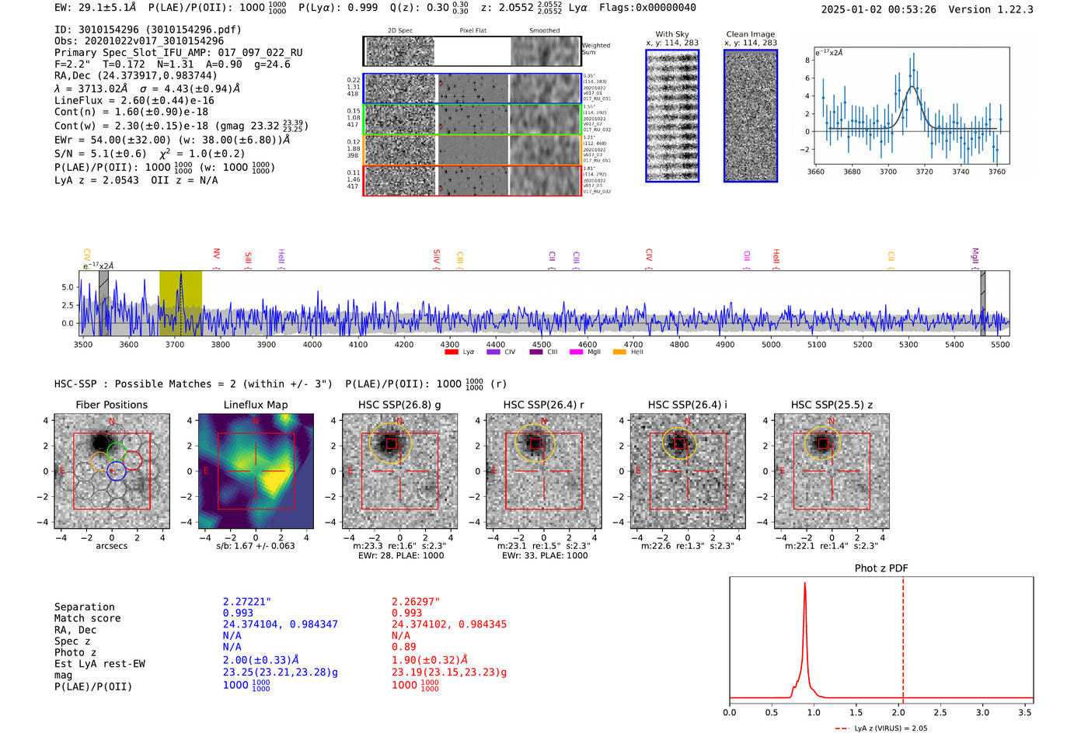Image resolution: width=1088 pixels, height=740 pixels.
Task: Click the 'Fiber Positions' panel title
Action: click(x=111, y=405)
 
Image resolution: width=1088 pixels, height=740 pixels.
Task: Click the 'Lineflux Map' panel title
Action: click(x=256, y=405)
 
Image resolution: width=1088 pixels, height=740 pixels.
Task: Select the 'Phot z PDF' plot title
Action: click(x=881, y=568)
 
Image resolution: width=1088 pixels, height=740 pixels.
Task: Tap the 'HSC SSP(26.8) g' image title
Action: click(x=399, y=405)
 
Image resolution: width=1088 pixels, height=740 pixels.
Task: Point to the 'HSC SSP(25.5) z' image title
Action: click(x=832, y=405)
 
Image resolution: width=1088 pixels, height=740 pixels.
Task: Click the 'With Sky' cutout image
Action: click(x=672, y=116)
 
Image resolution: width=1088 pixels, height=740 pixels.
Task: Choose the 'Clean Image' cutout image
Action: click(x=751, y=116)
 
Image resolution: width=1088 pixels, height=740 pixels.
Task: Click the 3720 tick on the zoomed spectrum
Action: click(x=924, y=172)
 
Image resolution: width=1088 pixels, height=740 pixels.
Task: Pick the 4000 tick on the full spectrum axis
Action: click(x=312, y=344)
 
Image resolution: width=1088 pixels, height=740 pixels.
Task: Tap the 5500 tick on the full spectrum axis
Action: click(x=1000, y=344)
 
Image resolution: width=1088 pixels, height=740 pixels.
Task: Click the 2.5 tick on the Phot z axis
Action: click(x=940, y=712)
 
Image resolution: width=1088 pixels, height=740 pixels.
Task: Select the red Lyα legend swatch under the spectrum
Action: click(x=451, y=352)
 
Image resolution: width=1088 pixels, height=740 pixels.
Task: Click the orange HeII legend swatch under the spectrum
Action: click(x=619, y=352)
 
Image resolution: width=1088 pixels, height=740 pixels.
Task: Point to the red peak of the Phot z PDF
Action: click(x=804, y=584)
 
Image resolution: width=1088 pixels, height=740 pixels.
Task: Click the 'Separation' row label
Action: click(x=84, y=606)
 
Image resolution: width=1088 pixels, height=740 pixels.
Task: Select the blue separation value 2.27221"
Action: click(x=247, y=601)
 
